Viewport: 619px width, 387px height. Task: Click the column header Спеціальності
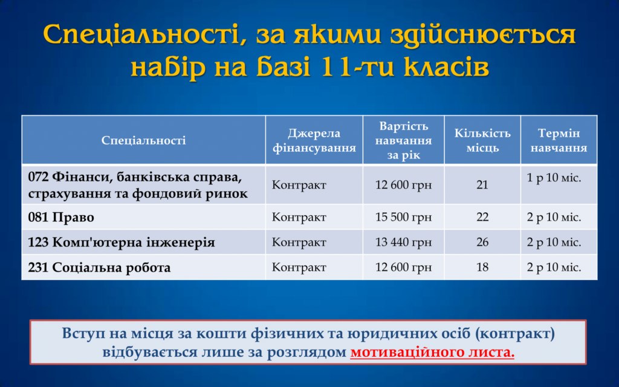click(x=143, y=140)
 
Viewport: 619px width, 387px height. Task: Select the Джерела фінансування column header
click(x=314, y=140)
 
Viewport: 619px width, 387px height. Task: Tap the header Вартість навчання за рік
click(x=403, y=140)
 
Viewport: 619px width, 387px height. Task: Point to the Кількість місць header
click(x=482, y=140)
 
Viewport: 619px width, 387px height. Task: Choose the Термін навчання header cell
click(x=559, y=140)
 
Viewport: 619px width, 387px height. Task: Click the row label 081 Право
click(x=61, y=217)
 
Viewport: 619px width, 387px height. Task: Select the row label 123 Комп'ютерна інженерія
click(x=122, y=242)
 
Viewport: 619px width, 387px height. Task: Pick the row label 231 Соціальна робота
click(x=100, y=267)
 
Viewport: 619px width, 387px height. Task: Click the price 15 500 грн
click(x=403, y=217)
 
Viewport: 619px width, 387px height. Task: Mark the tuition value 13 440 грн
click(x=403, y=242)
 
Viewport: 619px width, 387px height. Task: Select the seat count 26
click(x=482, y=242)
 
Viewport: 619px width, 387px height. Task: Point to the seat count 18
click(x=482, y=267)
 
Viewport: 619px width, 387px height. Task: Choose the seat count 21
click(x=482, y=185)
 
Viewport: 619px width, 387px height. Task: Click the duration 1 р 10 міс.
click(x=554, y=178)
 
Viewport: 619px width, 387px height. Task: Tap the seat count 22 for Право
click(x=482, y=217)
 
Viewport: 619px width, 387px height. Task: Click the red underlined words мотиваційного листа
click(x=432, y=352)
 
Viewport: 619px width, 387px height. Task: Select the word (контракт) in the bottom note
click(x=515, y=334)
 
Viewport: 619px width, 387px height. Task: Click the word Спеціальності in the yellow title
click(x=144, y=34)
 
